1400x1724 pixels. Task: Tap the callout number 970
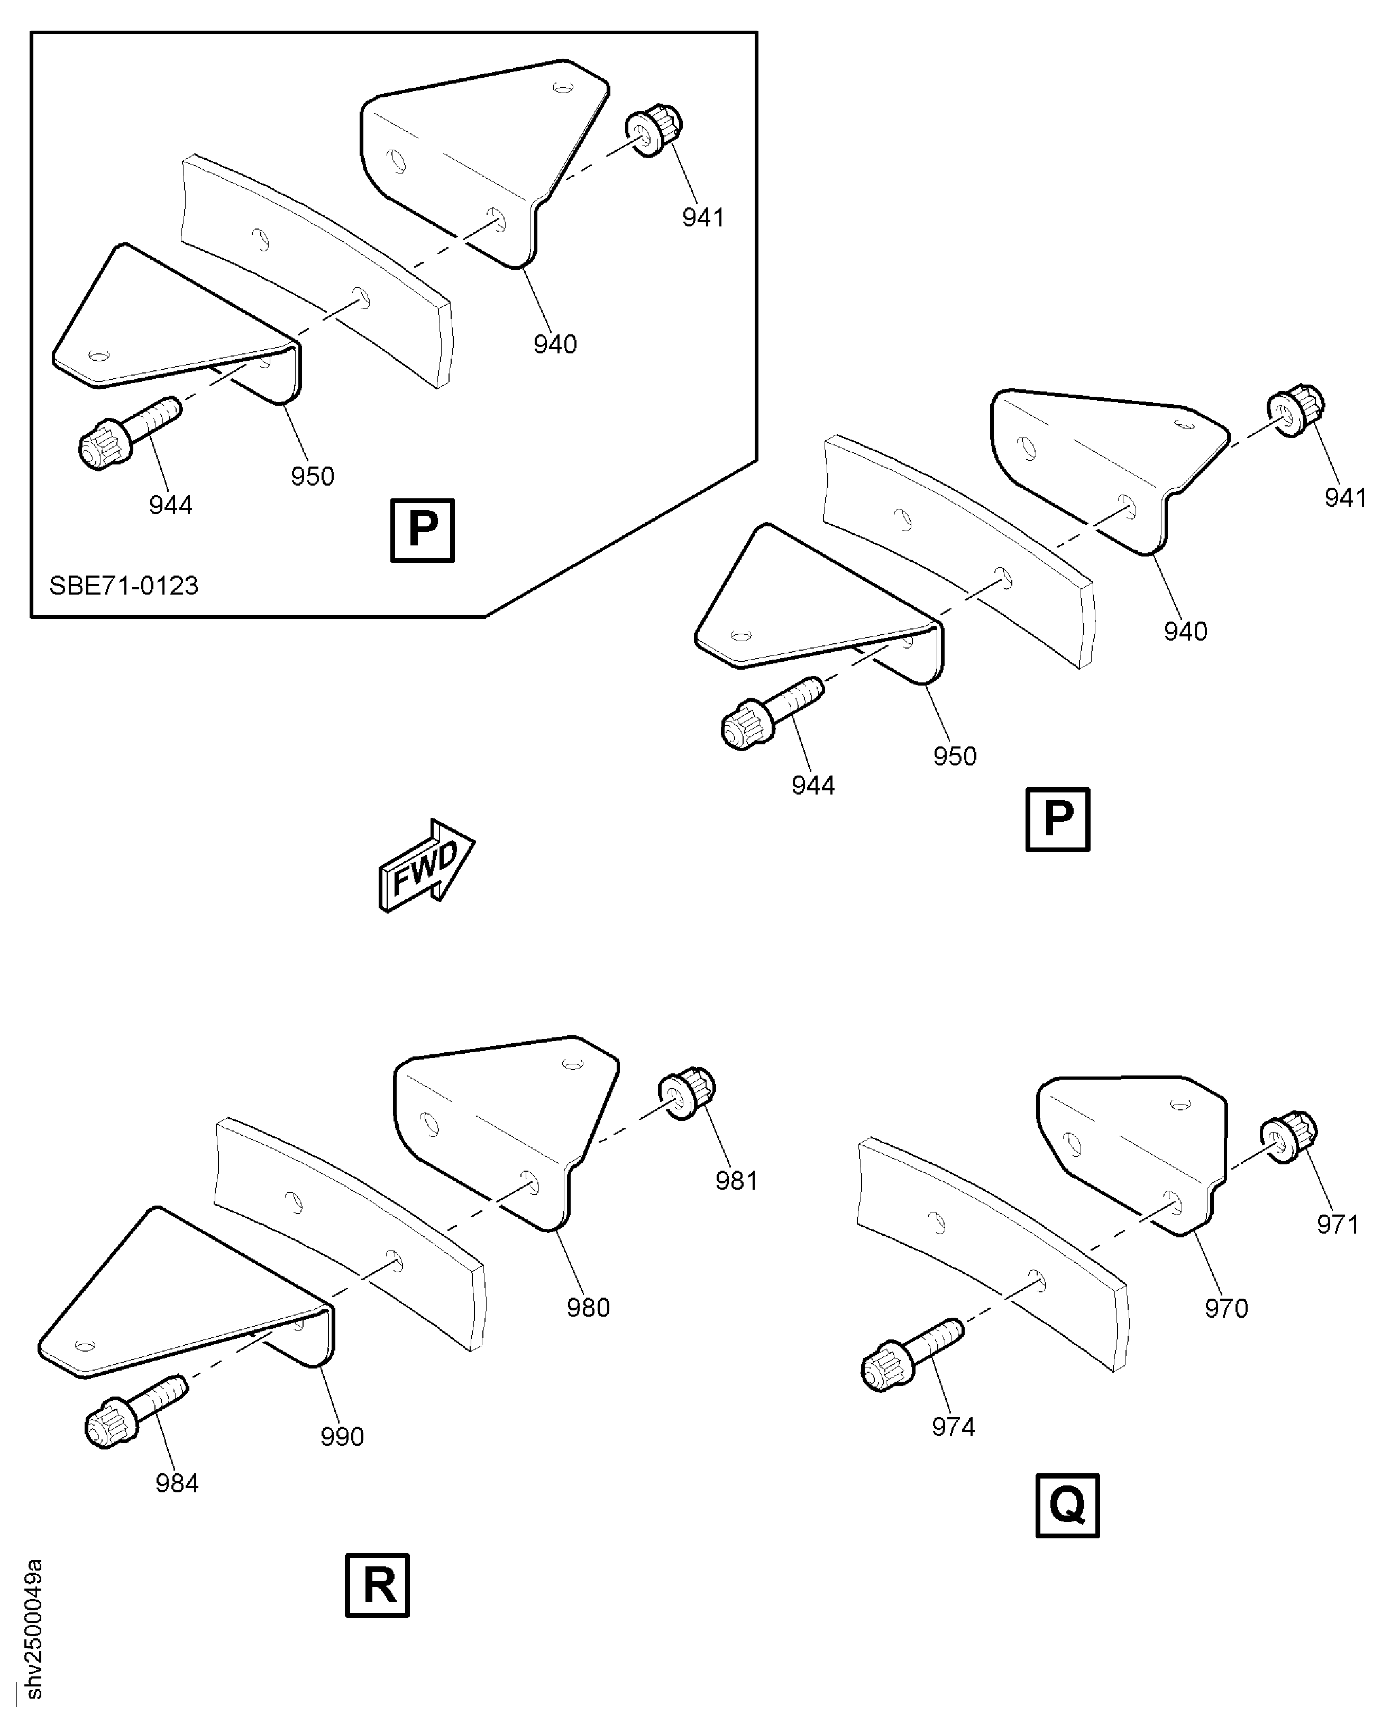click(x=1226, y=1308)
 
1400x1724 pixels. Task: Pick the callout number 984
click(x=177, y=1483)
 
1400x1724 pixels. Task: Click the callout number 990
click(x=342, y=1436)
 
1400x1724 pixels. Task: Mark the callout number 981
click(x=736, y=1180)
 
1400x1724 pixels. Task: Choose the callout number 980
click(x=588, y=1307)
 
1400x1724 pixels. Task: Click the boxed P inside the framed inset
click(x=422, y=530)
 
